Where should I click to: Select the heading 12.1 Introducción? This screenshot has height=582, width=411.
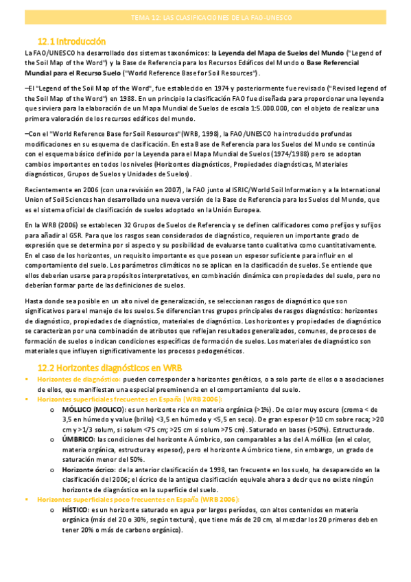[x=72, y=41]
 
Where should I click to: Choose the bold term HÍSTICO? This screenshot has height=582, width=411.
[x=76, y=510]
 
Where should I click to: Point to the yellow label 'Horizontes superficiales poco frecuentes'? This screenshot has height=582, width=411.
[x=117, y=499]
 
